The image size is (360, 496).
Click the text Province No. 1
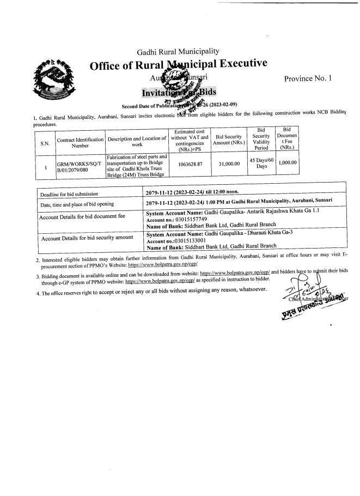coord(308,78)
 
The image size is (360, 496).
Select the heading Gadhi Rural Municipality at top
coord(179,51)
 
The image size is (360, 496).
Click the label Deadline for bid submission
coord(69,195)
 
